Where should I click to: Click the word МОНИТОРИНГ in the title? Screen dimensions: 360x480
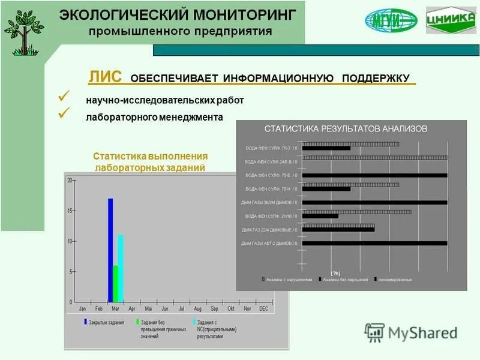point(242,14)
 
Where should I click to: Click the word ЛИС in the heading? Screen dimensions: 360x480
point(105,77)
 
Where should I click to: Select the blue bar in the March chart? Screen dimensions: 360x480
point(110,250)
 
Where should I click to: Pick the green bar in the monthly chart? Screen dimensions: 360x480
point(116,283)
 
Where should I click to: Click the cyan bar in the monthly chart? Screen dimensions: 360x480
point(121,268)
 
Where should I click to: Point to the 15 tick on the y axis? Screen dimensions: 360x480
point(70,211)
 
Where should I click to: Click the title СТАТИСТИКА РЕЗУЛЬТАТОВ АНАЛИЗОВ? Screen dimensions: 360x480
point(346,128)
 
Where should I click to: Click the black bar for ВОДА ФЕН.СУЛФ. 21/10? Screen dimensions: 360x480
point(320,216)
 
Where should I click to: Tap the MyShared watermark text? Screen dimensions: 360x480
point(422,332)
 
